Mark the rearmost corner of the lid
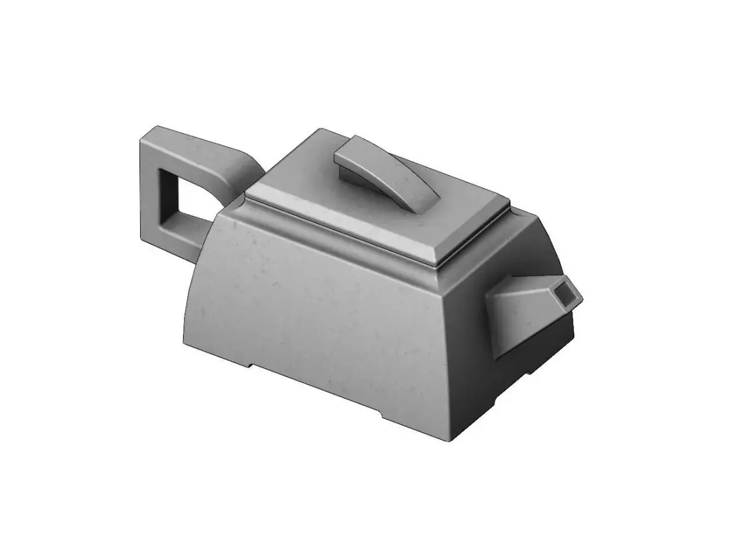(319, 131)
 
